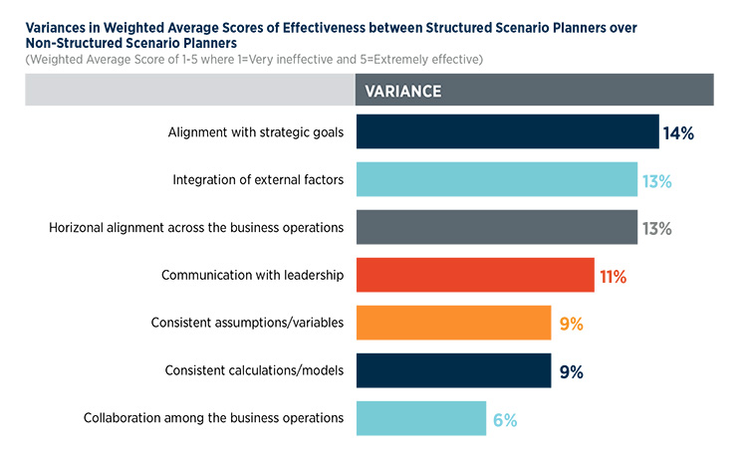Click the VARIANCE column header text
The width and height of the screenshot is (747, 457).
tap(403, 91)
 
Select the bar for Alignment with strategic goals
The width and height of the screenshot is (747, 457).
tap(506, 132)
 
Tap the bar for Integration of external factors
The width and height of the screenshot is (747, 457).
tap(496, 180)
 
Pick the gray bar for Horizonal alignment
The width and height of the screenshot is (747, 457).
tap(496, 228)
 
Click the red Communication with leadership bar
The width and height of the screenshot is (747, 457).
tap(474, 276)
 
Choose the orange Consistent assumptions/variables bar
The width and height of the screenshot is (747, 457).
tap(452, 324)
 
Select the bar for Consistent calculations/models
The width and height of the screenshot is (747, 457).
tap(452, 371)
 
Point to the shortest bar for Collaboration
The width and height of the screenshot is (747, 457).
tap(420, 419)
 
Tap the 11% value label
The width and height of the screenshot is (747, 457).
tap(613, 277)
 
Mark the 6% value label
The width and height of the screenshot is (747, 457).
tap(504, 420)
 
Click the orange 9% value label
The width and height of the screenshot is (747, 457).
tap(570, 325)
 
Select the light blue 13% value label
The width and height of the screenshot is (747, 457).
tap(656, 181)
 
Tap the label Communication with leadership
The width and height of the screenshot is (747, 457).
tap(253, 276)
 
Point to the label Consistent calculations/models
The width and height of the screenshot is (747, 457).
tap(254, 371)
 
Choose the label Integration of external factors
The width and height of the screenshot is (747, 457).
tap(258, 180)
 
